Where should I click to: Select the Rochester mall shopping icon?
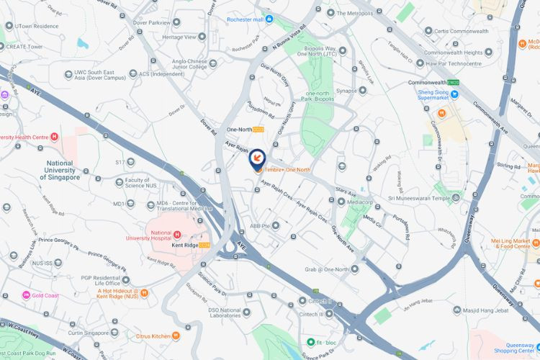pos(269,19)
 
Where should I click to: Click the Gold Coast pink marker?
pos(26,295)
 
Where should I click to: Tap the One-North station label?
pos(241,129)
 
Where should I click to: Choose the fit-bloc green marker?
pos(311,342)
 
